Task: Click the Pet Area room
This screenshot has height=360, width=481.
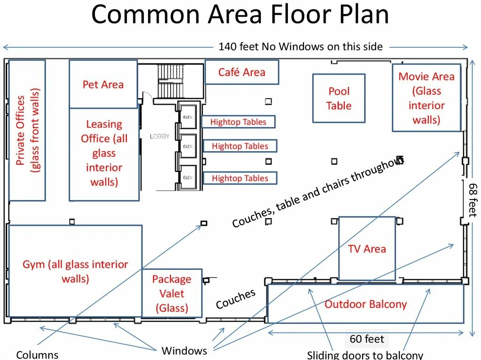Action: (x=103, y=84)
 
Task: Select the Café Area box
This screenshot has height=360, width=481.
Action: (x=241, y=72)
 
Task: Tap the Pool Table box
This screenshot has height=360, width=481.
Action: (x=339, y=99)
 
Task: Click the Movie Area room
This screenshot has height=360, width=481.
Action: (x=426, y=98)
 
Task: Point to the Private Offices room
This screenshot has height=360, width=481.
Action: (x=27, y=130)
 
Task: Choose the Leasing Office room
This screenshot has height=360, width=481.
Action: (x=104, y=153)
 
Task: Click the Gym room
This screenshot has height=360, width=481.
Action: (x=75, y=271)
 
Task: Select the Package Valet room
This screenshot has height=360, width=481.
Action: (x=172, y=293)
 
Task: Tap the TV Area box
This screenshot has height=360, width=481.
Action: (x=367, y=249)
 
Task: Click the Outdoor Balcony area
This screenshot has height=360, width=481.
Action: (x=365, y=304)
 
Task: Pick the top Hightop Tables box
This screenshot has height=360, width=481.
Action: (x=238, y=122)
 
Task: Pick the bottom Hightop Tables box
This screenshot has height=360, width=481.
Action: (x=240, y=178)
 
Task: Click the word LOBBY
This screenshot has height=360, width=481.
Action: (x=160, y=137)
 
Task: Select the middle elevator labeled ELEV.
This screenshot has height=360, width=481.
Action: (x=188, y=146)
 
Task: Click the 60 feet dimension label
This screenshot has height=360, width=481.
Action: (x=366, y=339)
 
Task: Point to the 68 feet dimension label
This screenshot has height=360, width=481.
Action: (x=472, y=199)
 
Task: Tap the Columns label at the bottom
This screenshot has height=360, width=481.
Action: (x=37, y=355)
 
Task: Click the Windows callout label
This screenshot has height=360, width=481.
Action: (x=184, y=351)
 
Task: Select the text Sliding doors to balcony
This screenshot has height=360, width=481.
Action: (x=365, y=355)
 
